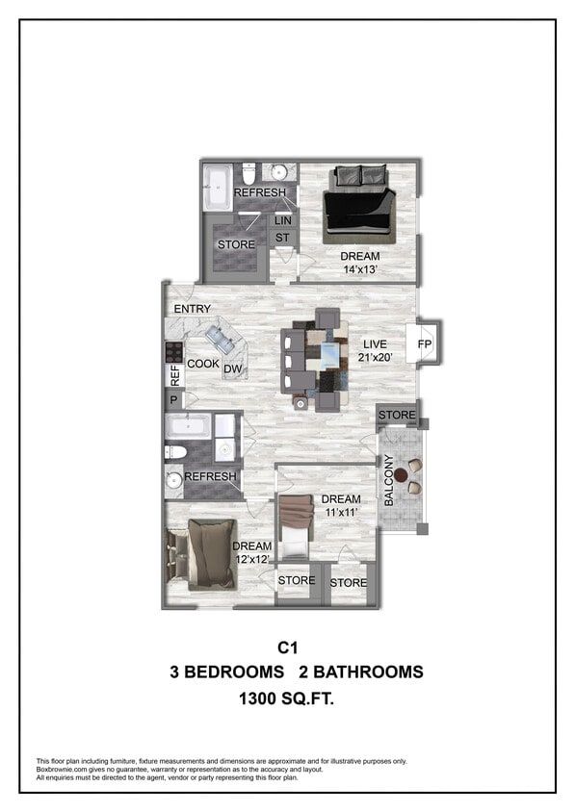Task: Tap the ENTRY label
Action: pos(193,309)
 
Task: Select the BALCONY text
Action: pos(389,481)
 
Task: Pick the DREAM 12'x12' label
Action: pos(253,553)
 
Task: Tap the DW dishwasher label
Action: pos(231,369)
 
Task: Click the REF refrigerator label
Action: pos(175,374)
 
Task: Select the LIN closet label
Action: pos(283,220)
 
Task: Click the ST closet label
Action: pos(283,237)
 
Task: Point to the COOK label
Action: pos(203,364)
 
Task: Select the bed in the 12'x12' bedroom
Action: pos(206,552)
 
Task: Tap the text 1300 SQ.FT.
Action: pos(287,701)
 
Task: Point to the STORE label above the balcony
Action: pos(397,416)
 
